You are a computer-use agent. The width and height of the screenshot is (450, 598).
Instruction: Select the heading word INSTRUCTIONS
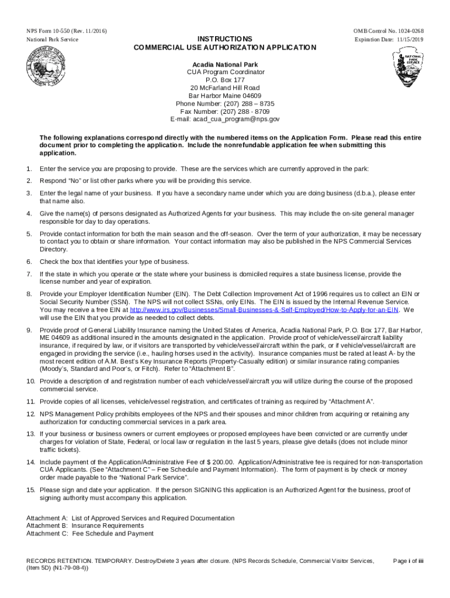225,39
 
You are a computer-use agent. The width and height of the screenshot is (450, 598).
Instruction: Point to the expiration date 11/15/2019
406,40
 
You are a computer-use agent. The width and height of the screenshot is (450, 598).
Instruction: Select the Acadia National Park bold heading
225,64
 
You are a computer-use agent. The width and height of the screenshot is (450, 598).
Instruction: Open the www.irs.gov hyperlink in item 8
264,310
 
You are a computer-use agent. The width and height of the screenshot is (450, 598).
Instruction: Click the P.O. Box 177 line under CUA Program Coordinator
225,80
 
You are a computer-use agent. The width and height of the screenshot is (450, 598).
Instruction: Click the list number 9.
29,331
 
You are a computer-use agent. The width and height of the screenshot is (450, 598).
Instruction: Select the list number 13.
30,434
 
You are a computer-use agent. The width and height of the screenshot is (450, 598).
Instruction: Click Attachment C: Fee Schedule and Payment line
91,533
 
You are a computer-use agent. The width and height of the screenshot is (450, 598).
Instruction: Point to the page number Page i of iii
408,561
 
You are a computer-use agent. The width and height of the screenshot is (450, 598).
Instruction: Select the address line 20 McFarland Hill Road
225,88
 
